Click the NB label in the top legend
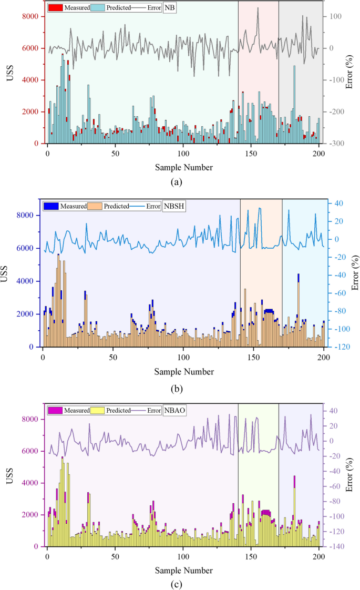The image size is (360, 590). pyautogui.click(x=170, y=8)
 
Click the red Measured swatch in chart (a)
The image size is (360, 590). pyautogui.click(x=55, y=8)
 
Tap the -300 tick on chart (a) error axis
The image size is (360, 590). pyautogui.click(x=337, y=144)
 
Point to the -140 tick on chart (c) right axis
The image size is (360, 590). pyautogui.click(x=337, y=547)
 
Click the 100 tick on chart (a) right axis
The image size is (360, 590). pyautogui.click(x=335, y=16)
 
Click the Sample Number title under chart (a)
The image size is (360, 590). pyautogui.click(x=183, y=167)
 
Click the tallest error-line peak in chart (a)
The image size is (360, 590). pyautogui.click(x=258, y=8)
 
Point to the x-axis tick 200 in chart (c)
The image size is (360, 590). pyautogui.click(x=319, y=557)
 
